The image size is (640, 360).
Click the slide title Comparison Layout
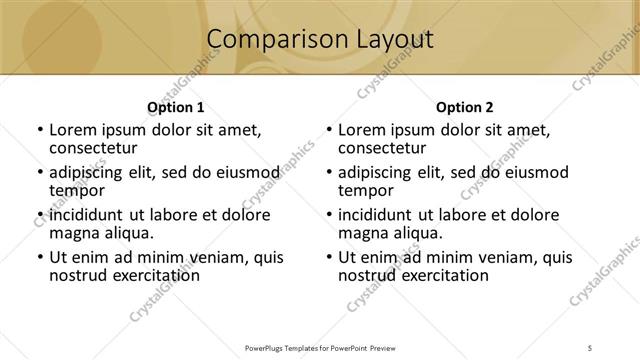click(320, 40)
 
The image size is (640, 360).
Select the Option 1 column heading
click(176, 107)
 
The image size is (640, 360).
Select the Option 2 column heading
click(464, 107)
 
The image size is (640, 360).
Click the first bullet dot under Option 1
click(39, 131)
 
